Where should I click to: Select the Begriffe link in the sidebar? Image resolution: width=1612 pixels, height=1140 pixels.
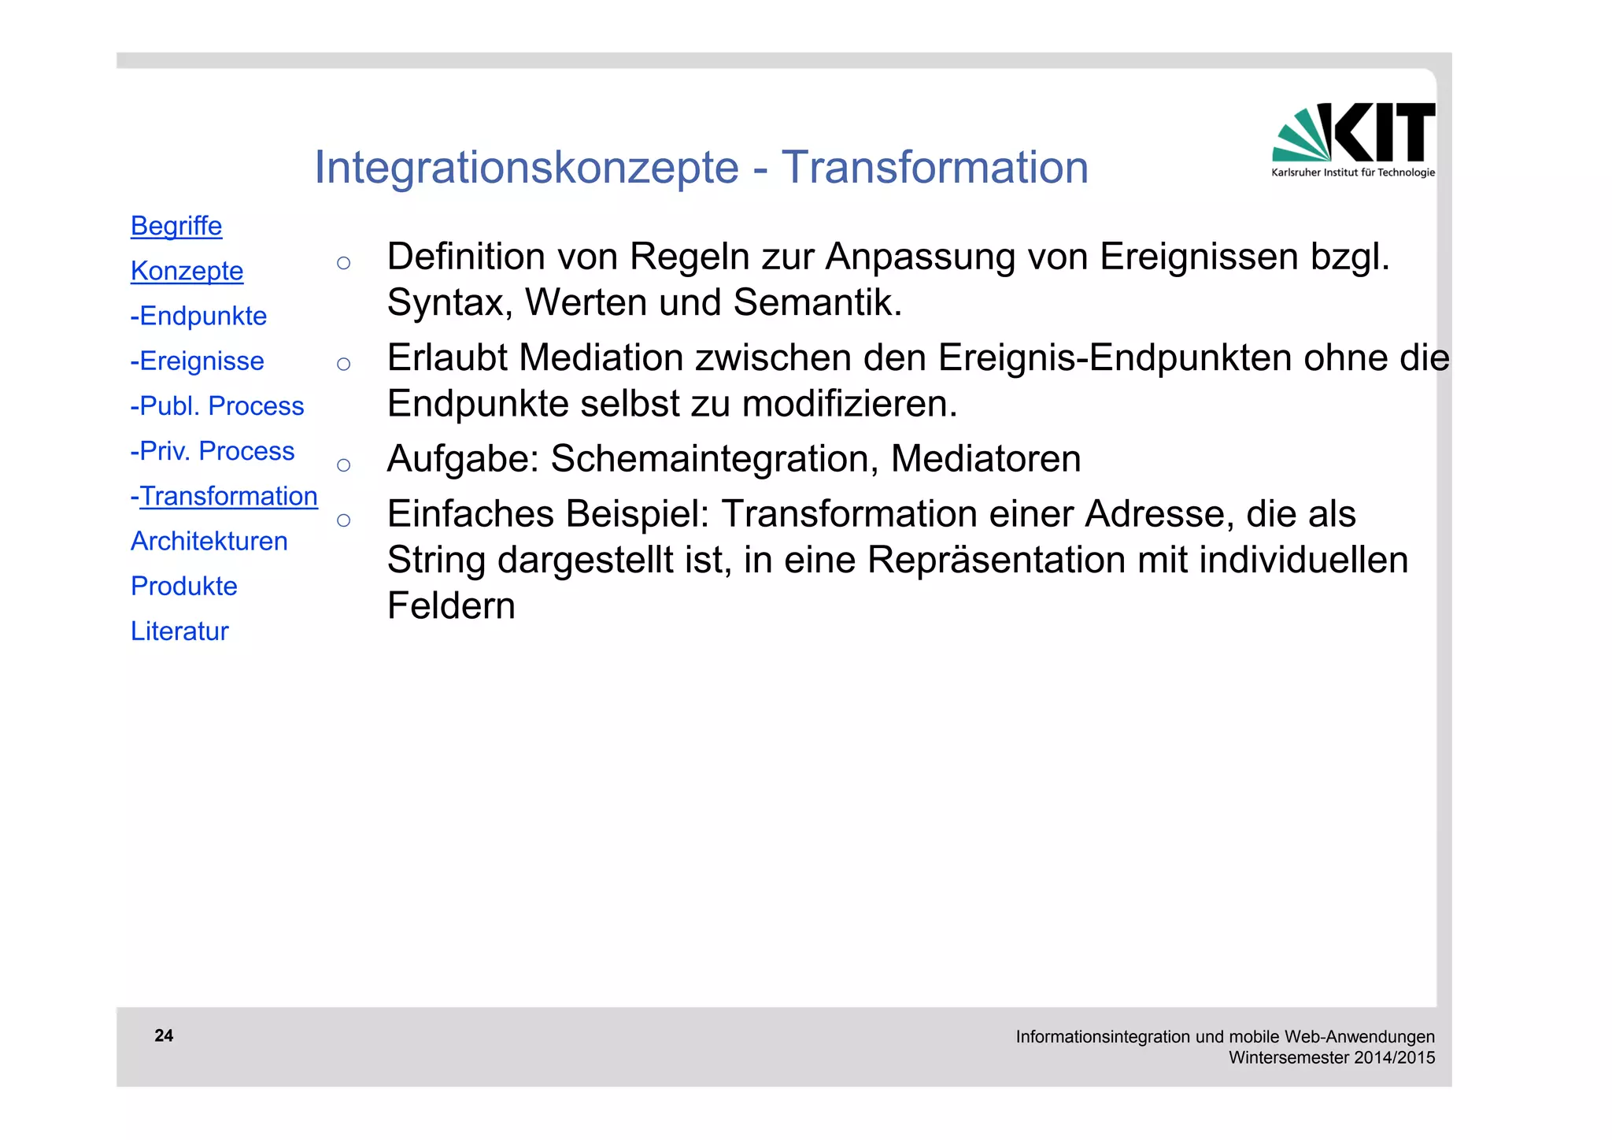tap(176, 226)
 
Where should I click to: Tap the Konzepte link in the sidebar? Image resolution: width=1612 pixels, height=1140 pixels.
tap(187, 271)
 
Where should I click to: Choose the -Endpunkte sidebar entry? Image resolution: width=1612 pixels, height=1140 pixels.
tap(198, 316)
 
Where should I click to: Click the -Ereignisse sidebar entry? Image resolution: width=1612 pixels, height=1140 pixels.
tap(197, 361)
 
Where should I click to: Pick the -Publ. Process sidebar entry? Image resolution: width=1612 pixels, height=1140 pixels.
tap(216, 405)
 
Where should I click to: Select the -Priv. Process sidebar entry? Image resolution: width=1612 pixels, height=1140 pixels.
tap(212, 450)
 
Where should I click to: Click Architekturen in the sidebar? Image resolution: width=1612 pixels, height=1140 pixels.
tap(209, 541)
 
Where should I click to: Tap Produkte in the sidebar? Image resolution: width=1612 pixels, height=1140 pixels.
tap(183, 586)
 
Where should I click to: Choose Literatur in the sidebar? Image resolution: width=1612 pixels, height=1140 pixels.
tap(179, 631)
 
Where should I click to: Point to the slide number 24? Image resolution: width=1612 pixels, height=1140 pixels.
tap(164, 1035)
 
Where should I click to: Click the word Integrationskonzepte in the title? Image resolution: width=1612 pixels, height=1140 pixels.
tap(526, 168)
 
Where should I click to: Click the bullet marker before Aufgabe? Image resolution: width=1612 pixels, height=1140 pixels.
tap(343, 465)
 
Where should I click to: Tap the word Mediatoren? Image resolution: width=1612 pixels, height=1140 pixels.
tap(985, 459)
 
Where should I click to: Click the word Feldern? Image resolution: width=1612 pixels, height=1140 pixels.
tap(451, 605)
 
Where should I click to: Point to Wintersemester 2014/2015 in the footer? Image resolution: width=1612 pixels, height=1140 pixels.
tap(1331, 1057)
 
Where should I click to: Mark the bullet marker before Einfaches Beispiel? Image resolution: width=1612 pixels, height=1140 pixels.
tap(343, 520)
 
